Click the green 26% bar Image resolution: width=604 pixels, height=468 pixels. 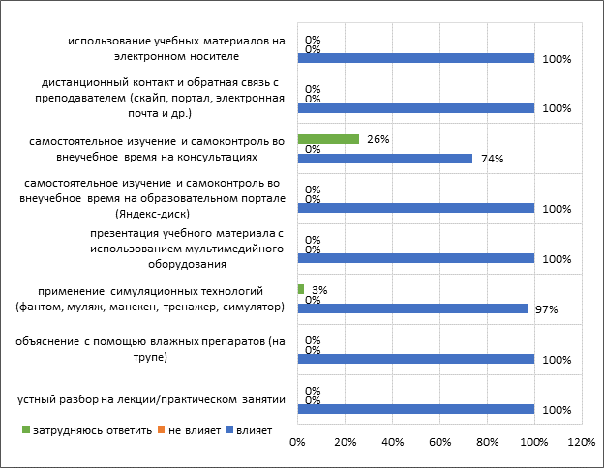click(x=328, y=139)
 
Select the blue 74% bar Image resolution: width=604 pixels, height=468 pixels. click(x=385, y=159)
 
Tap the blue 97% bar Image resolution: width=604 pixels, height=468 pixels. click(x=412, y=308)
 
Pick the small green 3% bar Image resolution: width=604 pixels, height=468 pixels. click(x=301, y=289)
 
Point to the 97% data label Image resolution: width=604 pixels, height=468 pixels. click(x=547, y=308)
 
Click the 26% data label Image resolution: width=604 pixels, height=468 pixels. click(x=378, y=139)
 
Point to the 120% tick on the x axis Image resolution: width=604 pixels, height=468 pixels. click(x=580, y=443)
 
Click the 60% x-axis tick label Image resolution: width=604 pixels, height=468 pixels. click(x=439, y=443)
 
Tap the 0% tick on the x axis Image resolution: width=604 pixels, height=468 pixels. click(x=298, y=443)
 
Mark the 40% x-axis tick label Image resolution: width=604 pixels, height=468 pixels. click(x=392, y=443)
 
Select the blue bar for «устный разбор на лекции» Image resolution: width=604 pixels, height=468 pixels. click(x=416, y=409)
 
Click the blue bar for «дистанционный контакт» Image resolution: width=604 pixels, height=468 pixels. click(x=416, y=108)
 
